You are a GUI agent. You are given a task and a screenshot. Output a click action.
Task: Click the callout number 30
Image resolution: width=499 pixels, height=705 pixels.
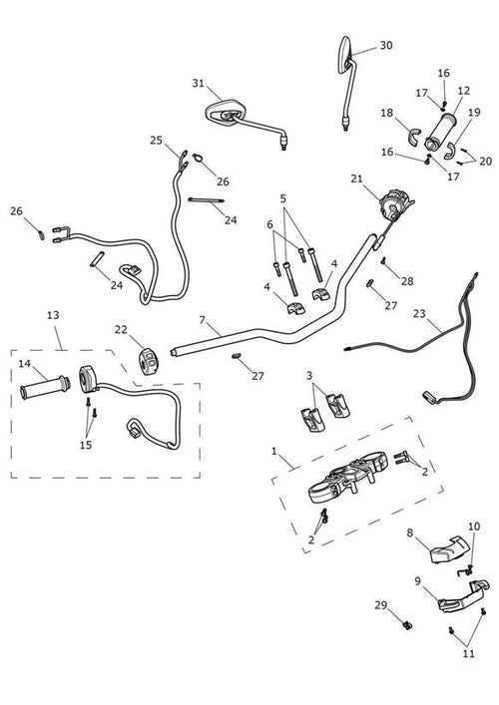pos(386,46)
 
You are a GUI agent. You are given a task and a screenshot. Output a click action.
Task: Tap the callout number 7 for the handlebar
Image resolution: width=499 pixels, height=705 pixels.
pos(202,320)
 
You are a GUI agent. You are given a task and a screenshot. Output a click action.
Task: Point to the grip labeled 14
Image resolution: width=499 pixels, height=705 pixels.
pos(45,388)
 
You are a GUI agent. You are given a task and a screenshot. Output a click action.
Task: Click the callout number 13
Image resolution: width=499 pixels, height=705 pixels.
pos(53,315)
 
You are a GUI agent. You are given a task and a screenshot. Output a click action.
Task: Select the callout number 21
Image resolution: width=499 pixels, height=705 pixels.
pos(357,178)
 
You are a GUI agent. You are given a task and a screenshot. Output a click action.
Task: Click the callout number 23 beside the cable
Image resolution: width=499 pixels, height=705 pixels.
pos(419,313)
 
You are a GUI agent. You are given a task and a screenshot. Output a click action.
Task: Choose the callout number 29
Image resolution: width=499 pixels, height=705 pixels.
pos(380,605)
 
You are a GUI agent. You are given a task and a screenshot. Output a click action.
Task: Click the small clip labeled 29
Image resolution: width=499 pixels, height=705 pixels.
pos(408,624)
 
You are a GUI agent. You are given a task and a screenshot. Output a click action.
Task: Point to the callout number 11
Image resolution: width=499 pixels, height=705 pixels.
pos(469,653)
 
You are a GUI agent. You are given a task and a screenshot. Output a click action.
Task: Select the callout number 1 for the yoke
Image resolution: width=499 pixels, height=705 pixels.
pos(274,451)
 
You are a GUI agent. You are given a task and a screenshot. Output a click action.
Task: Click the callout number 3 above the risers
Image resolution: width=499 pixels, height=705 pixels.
pos(309,375)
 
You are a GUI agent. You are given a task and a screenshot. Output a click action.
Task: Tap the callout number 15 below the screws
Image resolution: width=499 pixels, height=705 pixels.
pos(86,445)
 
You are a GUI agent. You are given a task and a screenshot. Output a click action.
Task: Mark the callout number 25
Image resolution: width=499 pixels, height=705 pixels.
pos(156,141)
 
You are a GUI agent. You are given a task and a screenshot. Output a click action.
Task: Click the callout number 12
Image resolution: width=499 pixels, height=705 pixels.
pos(464,91)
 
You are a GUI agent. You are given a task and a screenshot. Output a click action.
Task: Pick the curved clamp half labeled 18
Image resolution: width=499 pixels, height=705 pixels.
pos(414,138)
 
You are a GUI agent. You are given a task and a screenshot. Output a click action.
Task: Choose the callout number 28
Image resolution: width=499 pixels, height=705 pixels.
pos(407,281)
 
